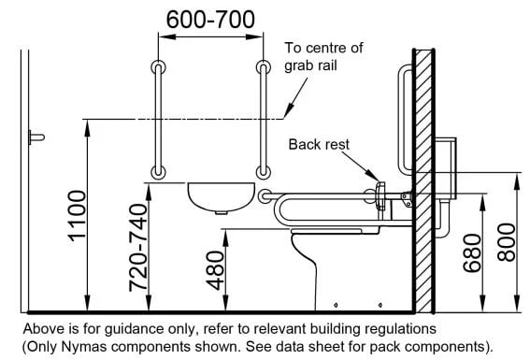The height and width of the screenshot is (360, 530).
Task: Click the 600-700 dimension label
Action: (210, 20)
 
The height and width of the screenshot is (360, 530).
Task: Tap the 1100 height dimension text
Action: (78, 216)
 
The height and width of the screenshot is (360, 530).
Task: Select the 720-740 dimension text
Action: (138, 248)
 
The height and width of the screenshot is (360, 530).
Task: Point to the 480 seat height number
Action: (215, 270)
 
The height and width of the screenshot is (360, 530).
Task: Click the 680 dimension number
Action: (472, 253)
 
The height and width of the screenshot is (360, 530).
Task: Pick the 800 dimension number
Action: (507, 242)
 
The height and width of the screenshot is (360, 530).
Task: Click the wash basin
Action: (221, 198)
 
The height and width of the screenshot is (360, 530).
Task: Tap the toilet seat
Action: (336, 231)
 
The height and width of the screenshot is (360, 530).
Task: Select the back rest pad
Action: (380, 196)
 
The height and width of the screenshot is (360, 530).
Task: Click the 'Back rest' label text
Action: (319, 145)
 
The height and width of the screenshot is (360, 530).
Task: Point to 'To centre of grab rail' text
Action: (323, 56)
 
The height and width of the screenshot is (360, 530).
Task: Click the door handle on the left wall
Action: (36, 137)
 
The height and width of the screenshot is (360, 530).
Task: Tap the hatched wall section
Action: (423, 180)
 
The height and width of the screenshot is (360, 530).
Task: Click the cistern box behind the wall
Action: (446, 168)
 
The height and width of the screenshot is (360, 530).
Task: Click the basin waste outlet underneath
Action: (221, 212)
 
